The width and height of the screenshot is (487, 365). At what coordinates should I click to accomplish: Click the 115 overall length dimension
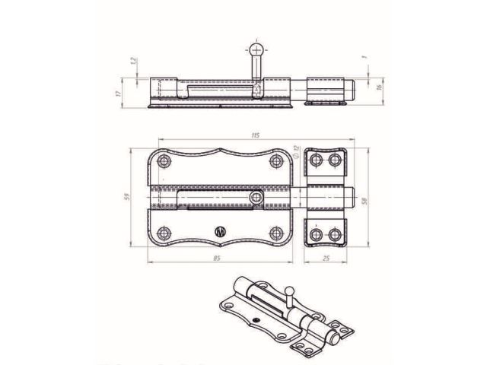(x=254, y=135)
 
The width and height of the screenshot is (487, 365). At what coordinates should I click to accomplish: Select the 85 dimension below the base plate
(x=218, y=259)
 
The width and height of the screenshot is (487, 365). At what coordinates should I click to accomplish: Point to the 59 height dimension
(x=126, y=197)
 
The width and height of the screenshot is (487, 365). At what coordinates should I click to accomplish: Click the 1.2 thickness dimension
(x=134, y=61)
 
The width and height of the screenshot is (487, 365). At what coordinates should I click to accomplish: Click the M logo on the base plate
(x=221, y=232)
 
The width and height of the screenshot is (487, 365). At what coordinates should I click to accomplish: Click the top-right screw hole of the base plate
(x=275, y=162)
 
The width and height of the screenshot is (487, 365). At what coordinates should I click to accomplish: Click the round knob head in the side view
(x=256, y=50)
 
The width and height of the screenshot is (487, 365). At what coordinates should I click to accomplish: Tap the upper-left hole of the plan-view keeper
(x=316, y=160)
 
